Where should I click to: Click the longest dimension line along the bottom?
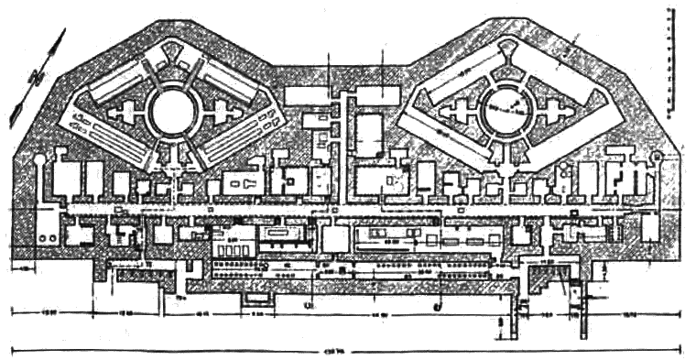348,349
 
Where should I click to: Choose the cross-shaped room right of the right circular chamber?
555,115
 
